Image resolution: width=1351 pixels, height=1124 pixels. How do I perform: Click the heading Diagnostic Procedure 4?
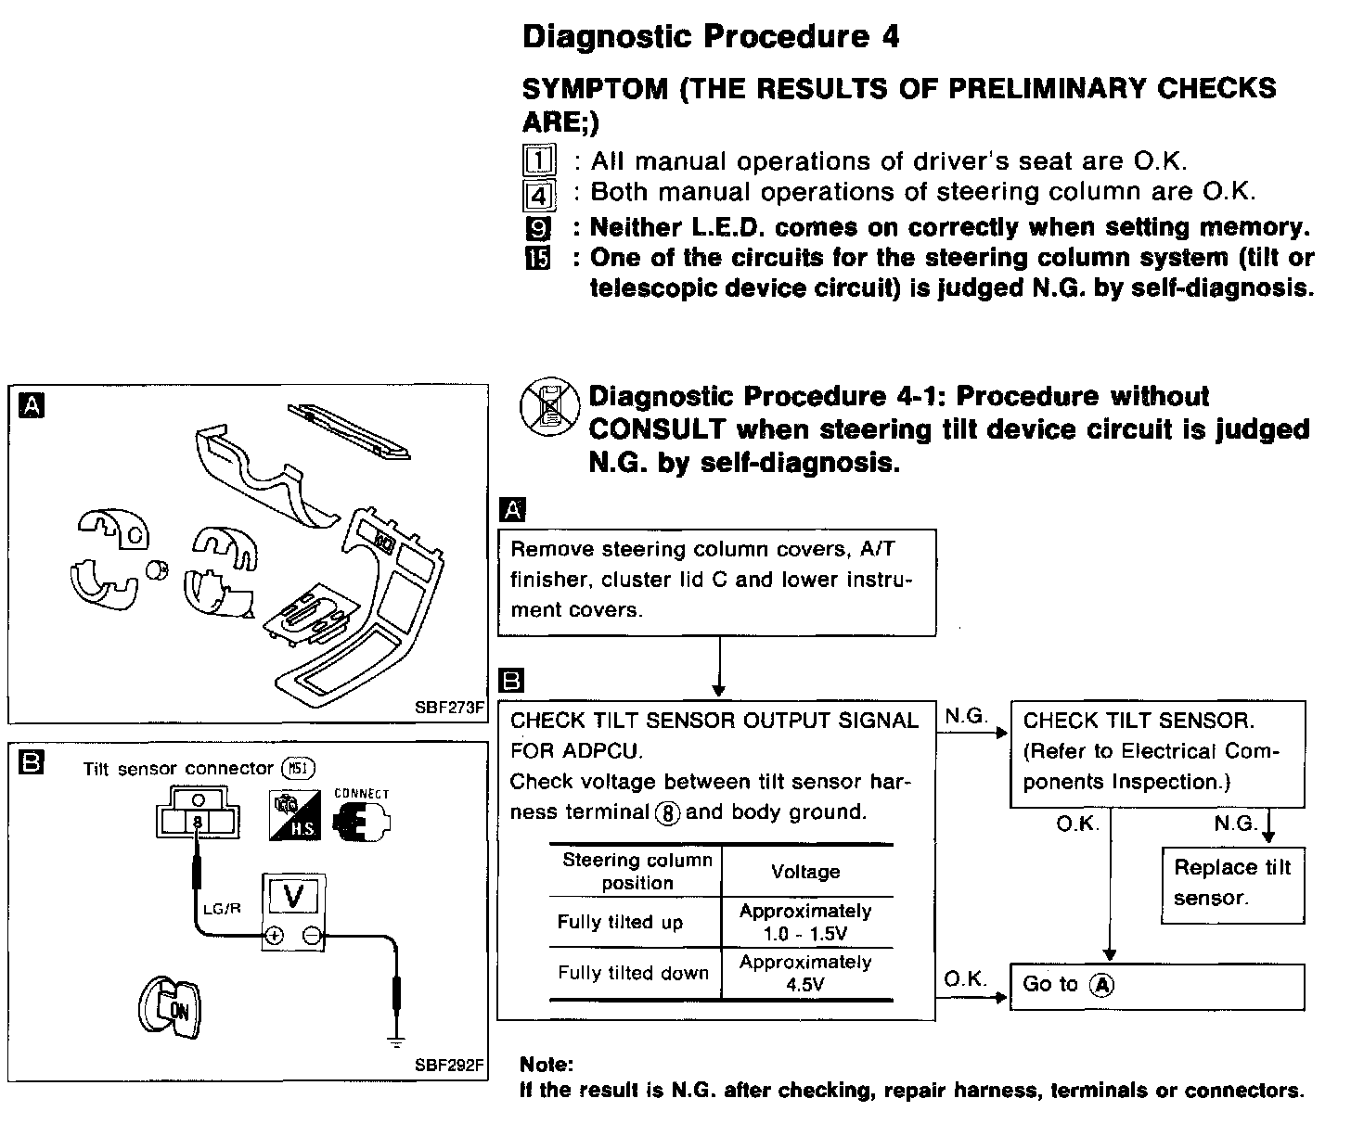pos(710,37)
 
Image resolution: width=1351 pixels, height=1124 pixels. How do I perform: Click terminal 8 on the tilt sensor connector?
pos(198,822)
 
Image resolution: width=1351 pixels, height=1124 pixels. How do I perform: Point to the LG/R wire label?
pos(222,908)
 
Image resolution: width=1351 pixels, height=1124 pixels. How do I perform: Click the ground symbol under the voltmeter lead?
pos(396,1041)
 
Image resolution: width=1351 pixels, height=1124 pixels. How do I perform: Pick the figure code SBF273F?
pos(450,709)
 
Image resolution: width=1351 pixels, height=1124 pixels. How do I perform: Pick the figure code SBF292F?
pos(450,1065)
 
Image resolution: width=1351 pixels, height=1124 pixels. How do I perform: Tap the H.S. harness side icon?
pos(295,816)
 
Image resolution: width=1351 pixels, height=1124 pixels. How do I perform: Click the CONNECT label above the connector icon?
pos(361,794)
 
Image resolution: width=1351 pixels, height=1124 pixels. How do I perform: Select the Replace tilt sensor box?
pos(1232,883)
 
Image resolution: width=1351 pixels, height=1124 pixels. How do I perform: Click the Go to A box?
pos(1156,986)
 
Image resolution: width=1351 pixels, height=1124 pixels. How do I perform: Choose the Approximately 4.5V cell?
pos(805,974)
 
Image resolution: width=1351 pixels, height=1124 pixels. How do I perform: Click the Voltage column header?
pos(805,872)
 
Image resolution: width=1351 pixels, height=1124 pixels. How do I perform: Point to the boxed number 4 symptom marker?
pos(538,196)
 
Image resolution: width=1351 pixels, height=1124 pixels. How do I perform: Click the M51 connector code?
pos(299,768)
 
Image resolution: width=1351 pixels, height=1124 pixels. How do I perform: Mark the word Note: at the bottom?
pos(547,1064)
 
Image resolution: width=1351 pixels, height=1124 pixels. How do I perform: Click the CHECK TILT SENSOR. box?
pos(1156,751)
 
